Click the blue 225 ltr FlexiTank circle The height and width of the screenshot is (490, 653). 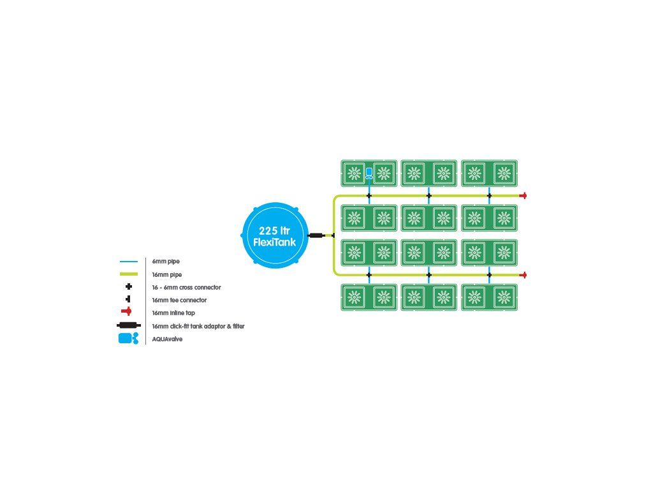[275, 235]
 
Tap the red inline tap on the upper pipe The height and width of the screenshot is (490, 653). [524, 195]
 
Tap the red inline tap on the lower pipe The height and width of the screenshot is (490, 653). [524, 275]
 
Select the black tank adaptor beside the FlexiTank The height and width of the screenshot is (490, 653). [316, 235]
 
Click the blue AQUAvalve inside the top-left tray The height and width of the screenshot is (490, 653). [369, 174]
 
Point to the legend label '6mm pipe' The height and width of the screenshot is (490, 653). [166, 261]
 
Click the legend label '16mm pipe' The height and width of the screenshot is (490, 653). [166, 274]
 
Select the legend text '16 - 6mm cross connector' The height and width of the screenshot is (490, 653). [186, 287]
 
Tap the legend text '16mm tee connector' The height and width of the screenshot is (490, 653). [179, 300]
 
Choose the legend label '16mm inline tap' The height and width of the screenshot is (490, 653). [173, 313]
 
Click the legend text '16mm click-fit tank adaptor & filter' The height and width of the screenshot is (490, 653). [198, 326]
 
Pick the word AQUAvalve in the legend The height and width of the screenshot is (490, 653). [167, 339]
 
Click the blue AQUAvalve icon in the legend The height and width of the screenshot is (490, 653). [128, 338]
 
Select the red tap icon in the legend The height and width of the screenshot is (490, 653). [127, 311]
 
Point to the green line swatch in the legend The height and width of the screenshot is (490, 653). [129, 274]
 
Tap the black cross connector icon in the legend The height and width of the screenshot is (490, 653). [129, 286]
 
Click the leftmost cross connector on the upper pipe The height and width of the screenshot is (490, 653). [369, 195]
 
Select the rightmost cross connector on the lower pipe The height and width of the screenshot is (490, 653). [489, 275]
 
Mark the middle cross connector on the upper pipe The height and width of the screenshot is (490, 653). [429, 195]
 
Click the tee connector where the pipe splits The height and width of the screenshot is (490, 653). [333, 235]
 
